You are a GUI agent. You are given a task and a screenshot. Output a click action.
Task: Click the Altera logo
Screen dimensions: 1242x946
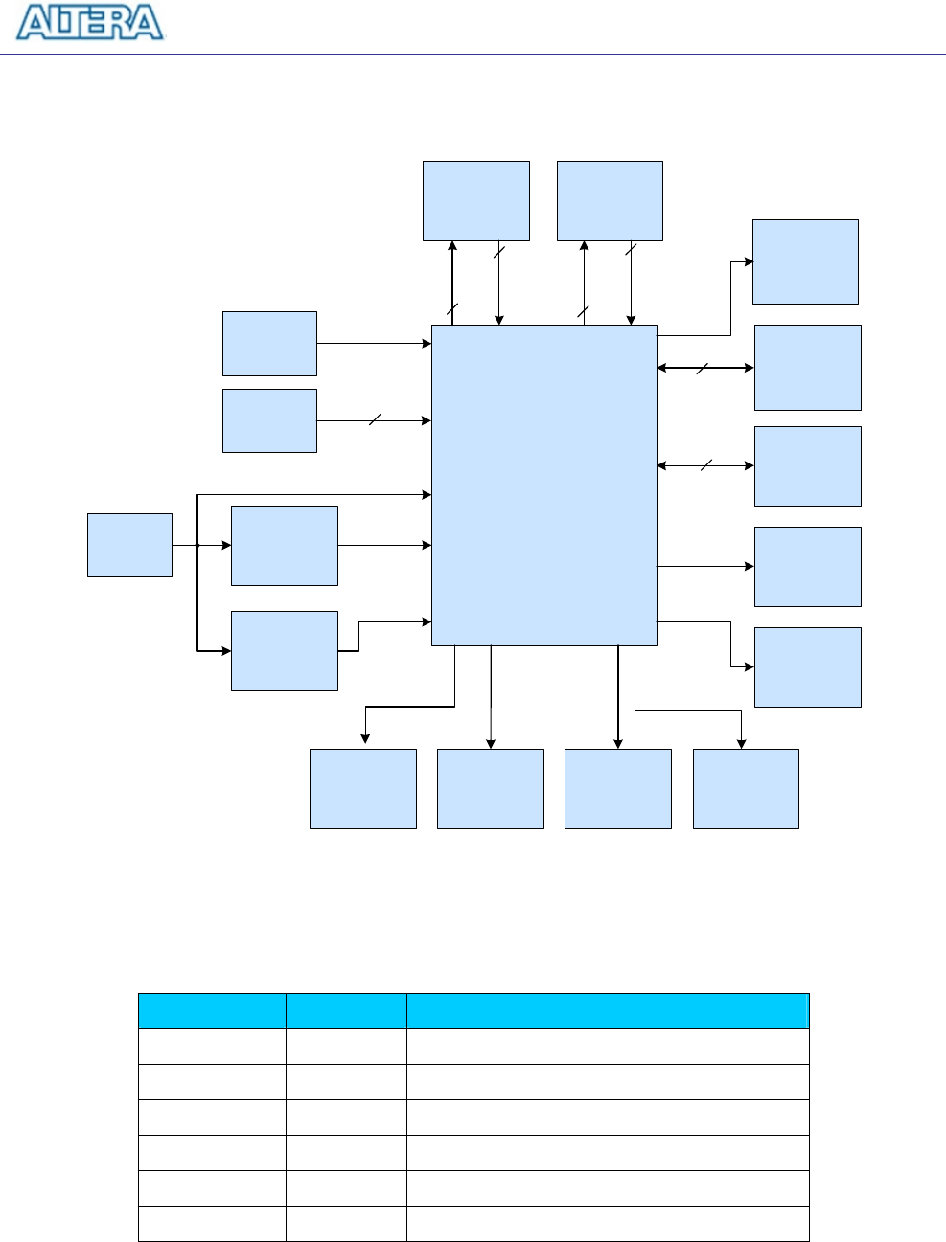(90, 23)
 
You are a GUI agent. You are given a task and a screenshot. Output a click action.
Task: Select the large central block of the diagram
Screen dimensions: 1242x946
(543, 485)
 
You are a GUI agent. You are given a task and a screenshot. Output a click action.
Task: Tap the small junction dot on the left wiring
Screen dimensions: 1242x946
(196, 545)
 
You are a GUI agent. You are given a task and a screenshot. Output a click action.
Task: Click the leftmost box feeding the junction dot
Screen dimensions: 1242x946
(129, 545)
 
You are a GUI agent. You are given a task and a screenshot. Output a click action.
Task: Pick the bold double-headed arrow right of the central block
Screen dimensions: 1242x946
(705, 368)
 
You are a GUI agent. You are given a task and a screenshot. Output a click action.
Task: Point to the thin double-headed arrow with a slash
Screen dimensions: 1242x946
(705, 466)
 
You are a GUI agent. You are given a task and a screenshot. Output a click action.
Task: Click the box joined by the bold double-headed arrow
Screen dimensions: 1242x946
(807, 368)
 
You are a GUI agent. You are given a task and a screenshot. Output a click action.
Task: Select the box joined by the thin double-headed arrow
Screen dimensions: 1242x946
(807, 466)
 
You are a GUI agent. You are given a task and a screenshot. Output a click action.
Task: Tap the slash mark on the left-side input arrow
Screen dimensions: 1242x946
(375, 419)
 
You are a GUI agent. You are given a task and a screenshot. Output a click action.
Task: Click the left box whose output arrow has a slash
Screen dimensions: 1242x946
(269, 420)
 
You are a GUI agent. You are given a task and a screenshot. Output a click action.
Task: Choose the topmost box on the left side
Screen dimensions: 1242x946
(269, 343)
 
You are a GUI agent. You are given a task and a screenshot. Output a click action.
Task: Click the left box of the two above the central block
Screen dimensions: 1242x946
(475, 201)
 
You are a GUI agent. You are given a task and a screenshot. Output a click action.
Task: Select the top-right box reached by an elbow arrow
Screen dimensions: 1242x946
(805, 261)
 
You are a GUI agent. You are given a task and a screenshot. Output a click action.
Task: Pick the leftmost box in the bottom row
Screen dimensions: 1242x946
(362, 788)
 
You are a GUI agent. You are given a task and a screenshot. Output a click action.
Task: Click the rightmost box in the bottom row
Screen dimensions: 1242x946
(745, 788)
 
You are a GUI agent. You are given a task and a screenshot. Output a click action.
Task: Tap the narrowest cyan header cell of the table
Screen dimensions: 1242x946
(345, 1011)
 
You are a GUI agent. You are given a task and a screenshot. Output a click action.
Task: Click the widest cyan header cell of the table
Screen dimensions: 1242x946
(607, 1011)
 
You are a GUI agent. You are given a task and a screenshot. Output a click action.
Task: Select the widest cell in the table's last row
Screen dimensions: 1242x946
(607, 1224)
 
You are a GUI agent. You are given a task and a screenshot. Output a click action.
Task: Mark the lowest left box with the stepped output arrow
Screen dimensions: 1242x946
(284, 651)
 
